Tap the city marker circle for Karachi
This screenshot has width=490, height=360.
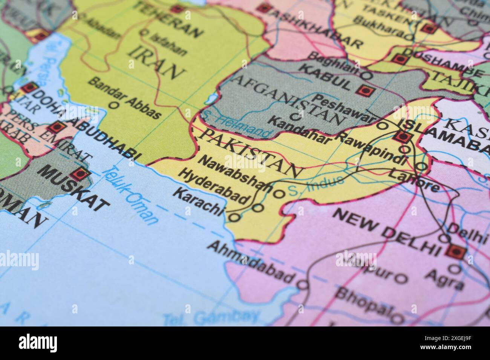tap(234, 217)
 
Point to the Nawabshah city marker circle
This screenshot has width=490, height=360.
tap(278, 194)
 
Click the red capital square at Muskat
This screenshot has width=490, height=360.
tap(80, 174)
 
